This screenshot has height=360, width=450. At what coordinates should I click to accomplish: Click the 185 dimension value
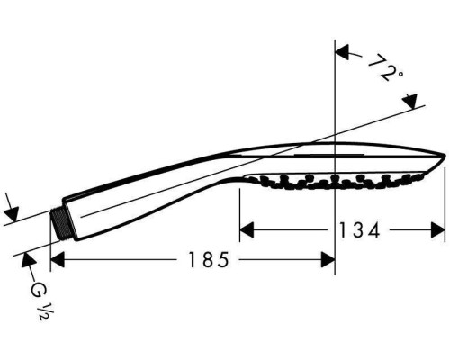pos(209,260)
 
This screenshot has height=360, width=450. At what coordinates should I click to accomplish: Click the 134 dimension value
pos(359,230)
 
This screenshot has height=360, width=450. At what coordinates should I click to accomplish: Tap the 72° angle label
pos(385,68)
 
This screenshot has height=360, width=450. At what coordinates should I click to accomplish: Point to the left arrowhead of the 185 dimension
pos(58,260)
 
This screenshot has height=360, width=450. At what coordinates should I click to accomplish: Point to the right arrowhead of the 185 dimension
pos(328,260)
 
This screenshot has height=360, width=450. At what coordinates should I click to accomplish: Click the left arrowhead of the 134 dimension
pos(247,230)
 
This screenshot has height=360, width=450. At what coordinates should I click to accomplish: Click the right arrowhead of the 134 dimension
pos(438,230)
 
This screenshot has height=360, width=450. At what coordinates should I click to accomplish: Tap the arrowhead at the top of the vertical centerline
pos(342,53)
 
